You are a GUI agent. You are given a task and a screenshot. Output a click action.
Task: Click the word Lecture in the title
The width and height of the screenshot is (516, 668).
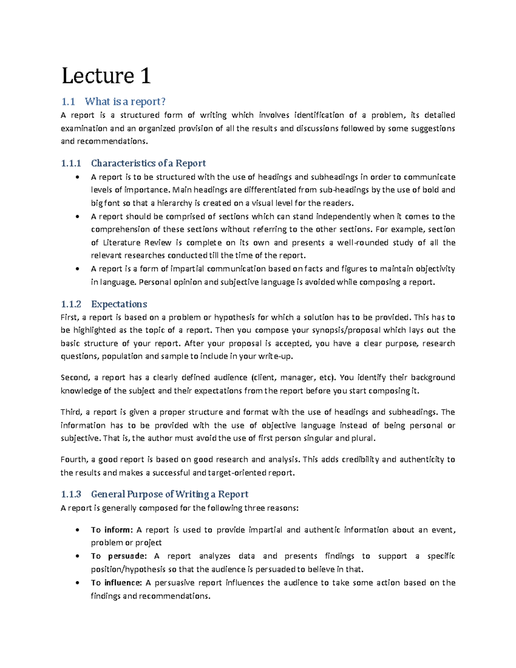pyautogui.click(x=98, y=76)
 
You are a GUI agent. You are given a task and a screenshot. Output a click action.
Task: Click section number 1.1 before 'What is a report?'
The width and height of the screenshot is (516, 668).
pyautogui.click(x=68, y=102)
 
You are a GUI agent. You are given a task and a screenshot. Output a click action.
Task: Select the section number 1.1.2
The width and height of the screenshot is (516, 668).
pyautogui.click(x=71, y=304)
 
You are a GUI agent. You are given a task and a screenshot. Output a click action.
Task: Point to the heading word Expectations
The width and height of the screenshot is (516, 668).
pyautogui.click(x=119, y=304)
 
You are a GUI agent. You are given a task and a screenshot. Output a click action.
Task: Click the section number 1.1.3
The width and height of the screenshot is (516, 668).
pyautogui.click(x=71, y=494)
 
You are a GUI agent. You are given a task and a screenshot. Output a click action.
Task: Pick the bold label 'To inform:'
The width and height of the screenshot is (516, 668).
pyautogui.click(x=112, y=530)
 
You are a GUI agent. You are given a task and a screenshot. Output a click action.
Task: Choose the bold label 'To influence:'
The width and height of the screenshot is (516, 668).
pyautogui.click(x=116, y=583)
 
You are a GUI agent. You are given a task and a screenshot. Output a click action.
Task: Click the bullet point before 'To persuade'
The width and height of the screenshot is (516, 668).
pyautogui.click(x=77, y=557)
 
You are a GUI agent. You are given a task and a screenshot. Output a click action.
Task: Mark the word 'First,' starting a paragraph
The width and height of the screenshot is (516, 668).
pyautogui.click(x=69, y=317)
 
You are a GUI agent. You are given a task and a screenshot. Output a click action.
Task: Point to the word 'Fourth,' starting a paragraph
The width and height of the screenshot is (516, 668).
pyautogui.click(x=74, y=459)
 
